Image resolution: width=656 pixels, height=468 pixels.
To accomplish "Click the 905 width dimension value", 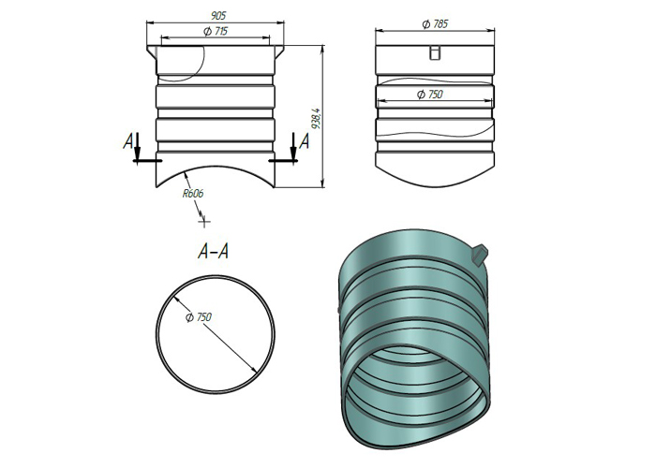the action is (218, 16).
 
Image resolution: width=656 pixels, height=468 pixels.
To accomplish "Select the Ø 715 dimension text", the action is (216, 31).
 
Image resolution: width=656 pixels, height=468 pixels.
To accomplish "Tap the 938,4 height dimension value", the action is (317, 118).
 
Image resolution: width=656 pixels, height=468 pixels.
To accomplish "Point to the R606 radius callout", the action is (193, 194).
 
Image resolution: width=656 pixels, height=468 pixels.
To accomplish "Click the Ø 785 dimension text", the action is (435, 23).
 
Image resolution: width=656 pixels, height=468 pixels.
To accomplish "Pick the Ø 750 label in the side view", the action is (430, 95).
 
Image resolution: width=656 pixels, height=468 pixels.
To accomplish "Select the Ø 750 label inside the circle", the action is (199, 317).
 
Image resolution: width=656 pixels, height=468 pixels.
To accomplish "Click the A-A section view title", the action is (214, 251).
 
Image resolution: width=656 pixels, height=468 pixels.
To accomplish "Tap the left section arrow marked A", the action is (138, 149).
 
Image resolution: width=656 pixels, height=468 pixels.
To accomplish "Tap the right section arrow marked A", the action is (293, 149).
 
